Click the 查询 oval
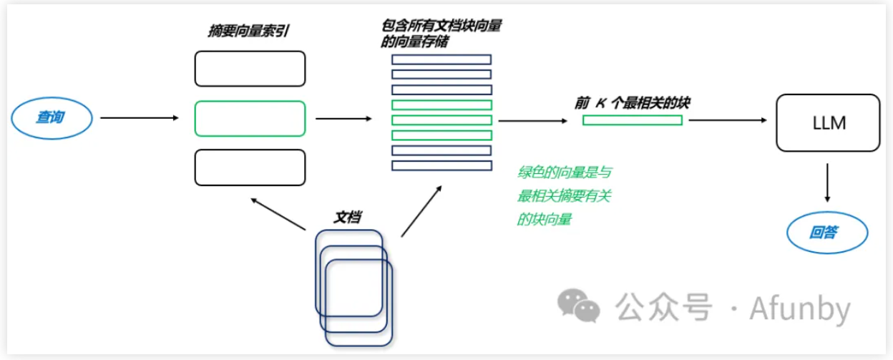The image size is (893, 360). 52,117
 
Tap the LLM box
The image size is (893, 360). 829,122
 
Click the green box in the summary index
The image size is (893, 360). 250,118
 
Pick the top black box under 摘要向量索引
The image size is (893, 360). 250,69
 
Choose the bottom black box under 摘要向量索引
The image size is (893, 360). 250,167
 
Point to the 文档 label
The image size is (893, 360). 347,217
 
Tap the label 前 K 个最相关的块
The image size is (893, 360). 632,103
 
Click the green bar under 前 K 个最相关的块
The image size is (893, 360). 632,120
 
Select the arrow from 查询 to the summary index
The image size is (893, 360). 139,117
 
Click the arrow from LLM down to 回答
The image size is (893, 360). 828,183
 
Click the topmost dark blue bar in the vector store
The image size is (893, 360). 441,59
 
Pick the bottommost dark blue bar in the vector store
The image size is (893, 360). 441,166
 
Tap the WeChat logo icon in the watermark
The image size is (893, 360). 579,306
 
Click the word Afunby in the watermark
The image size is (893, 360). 800,308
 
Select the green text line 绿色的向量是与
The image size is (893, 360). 565,172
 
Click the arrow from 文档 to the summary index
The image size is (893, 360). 279,215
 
